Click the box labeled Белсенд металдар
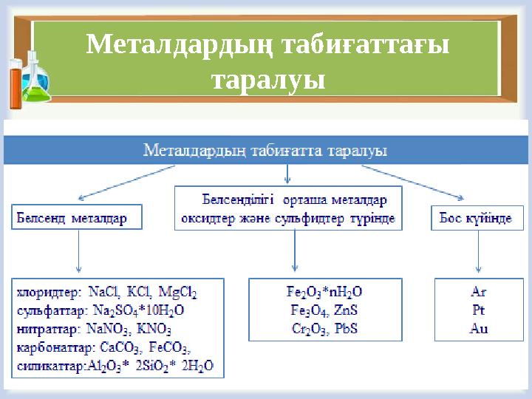pyautogui.click(x=77, y=219)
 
